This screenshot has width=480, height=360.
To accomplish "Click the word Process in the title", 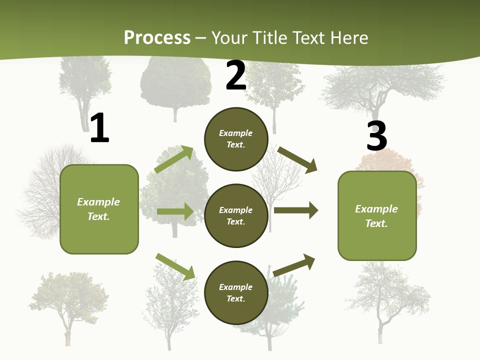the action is tap(157, 37).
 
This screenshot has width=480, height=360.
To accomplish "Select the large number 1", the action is tap(100, 127).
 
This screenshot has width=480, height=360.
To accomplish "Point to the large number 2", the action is tap(235, 75).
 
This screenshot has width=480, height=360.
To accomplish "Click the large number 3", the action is tap(376, 135).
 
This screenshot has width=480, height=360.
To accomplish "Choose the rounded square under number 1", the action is tap(99, 209).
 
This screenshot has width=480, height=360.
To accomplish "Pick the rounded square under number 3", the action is tap(377, 216).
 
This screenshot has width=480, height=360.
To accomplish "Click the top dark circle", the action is tap(236, 139).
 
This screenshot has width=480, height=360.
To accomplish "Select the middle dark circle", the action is tap(236, 216).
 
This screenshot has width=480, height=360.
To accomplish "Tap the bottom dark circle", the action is tap(236, 292).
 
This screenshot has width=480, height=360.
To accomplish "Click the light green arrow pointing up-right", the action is tap(174, 159).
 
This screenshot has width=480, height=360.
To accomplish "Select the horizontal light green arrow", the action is tap(175, 211).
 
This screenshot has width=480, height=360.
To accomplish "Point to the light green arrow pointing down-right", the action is tap(175, 266).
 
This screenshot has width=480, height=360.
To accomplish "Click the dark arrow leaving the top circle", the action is tap(297, 160).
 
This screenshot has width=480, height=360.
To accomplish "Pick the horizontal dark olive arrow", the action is tap(296, 210).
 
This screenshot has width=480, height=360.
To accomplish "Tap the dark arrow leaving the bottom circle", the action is tap(294, 265).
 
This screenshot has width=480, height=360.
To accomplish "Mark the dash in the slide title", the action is tap(201, 38).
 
